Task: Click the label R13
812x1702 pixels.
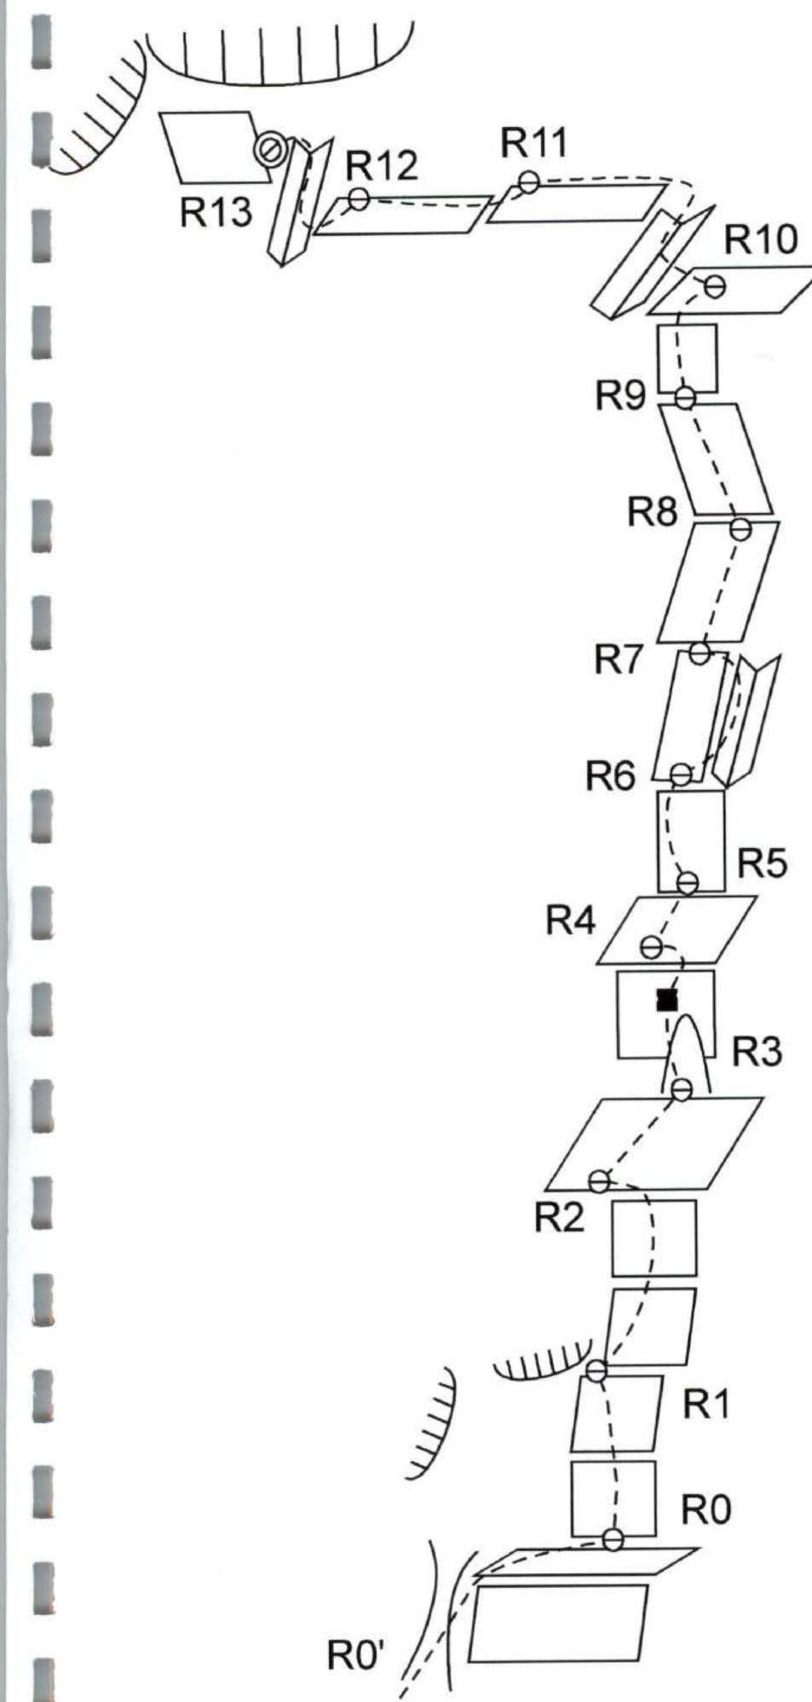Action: click(x=216, y=212)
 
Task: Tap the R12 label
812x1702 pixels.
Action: click(x=381, y=165)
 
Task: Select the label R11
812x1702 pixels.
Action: click(x=534, y=142)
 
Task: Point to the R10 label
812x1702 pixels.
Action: click(x=761, y=240)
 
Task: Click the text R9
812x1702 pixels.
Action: click(x=620, y=395)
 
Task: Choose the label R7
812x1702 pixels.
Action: click(x=619, y=659)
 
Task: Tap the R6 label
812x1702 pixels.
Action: click(x=610, y=776)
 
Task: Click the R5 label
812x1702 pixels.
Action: click(x=762, y=863)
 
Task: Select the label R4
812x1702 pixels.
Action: click(x=572, y=920)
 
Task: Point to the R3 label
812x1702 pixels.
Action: click(x=757, y=1053)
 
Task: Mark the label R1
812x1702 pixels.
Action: click(x=706, y=1406)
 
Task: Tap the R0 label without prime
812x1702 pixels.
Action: click(x=706, y=1511)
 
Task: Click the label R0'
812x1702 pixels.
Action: click(x=355, y=1659)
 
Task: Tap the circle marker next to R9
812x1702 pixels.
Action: click(x=684, y=397)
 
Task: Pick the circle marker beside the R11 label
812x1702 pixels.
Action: click(x=529, y=182)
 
